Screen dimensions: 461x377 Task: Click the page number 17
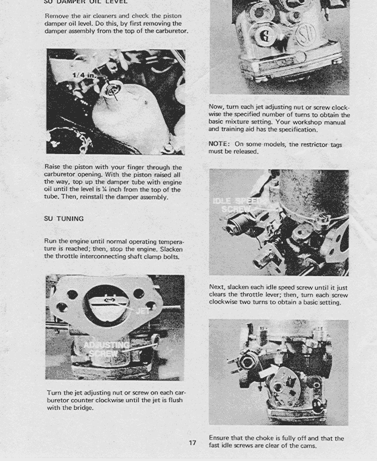192,443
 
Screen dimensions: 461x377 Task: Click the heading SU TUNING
64,219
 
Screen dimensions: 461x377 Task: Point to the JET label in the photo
144,311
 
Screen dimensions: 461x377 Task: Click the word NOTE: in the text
219,144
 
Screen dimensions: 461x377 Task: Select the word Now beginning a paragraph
216,108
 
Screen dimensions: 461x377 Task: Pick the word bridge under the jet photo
82,407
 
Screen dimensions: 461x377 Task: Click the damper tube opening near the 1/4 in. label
112,90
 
